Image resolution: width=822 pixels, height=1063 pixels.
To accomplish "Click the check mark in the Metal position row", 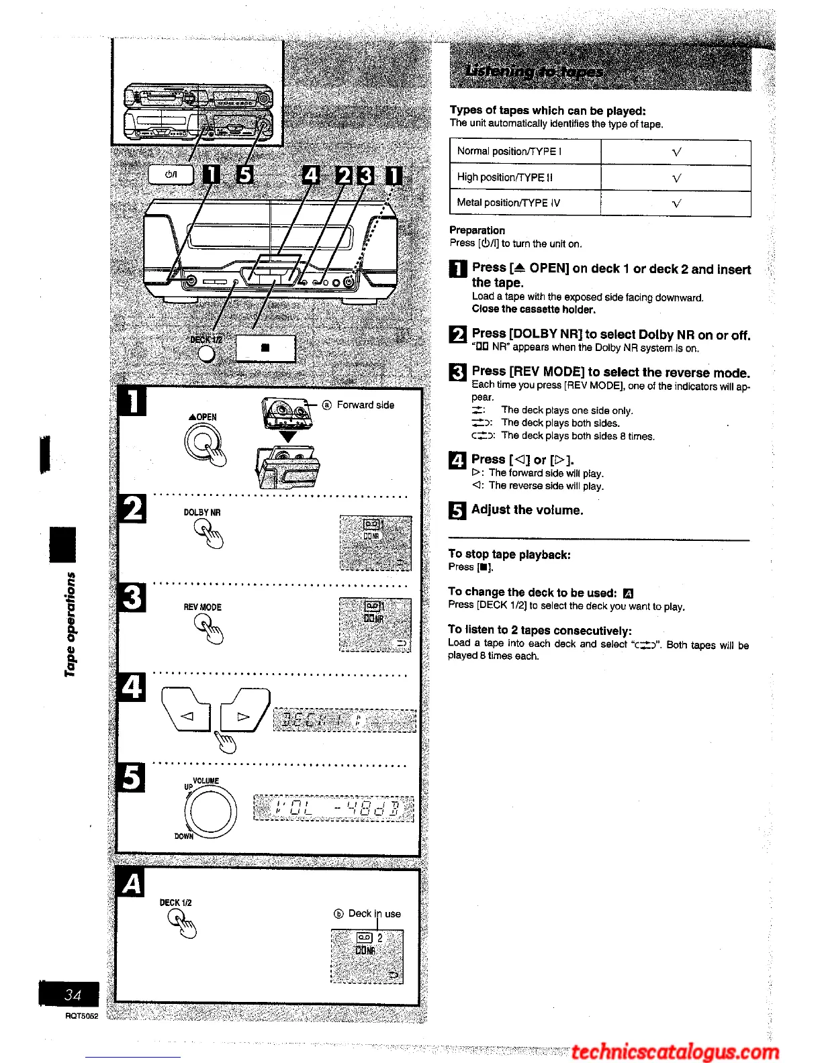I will tap(676, 203).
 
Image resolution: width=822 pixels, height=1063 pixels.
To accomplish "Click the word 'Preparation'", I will tap(477, 230).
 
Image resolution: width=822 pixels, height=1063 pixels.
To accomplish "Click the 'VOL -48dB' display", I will tap(334, 809).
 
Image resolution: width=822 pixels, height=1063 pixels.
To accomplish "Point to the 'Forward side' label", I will tap(365, 405).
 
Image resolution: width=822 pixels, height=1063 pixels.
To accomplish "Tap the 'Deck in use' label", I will tap(373, 913).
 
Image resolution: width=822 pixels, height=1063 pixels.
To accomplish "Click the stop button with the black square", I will tap(265, 348).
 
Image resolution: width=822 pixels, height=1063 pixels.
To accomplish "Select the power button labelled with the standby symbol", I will tap(171, 174).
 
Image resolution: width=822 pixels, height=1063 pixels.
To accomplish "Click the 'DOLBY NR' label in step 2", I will tap(202, 513).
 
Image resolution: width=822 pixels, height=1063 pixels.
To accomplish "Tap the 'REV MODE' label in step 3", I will tap(202, 607).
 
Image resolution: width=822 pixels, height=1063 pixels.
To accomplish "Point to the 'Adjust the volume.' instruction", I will tap(527, 510).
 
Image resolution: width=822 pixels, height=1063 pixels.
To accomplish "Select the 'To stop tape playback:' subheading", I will tap(509, 554).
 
